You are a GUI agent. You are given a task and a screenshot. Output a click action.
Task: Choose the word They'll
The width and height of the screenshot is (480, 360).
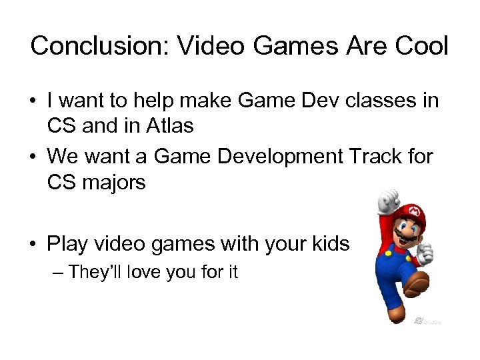point(95,272)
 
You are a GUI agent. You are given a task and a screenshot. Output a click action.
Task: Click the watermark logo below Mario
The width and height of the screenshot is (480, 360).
point(426,320)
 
